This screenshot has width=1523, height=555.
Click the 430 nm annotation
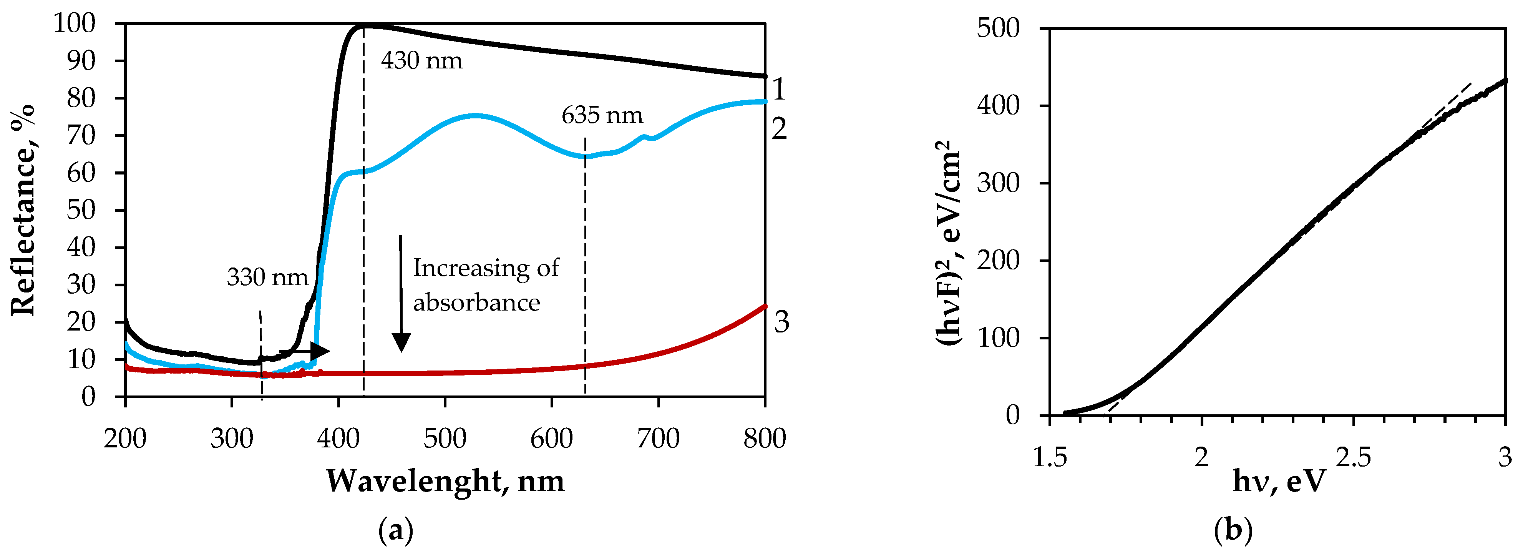421,61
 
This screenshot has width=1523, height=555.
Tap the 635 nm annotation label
602,115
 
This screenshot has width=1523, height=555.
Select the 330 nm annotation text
267,277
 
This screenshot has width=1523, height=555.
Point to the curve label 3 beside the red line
781,322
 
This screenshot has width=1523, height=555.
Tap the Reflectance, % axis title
24,210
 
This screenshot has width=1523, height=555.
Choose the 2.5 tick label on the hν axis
1353,457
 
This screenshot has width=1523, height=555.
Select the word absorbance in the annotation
476,303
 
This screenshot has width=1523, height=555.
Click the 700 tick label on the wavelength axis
658,439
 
